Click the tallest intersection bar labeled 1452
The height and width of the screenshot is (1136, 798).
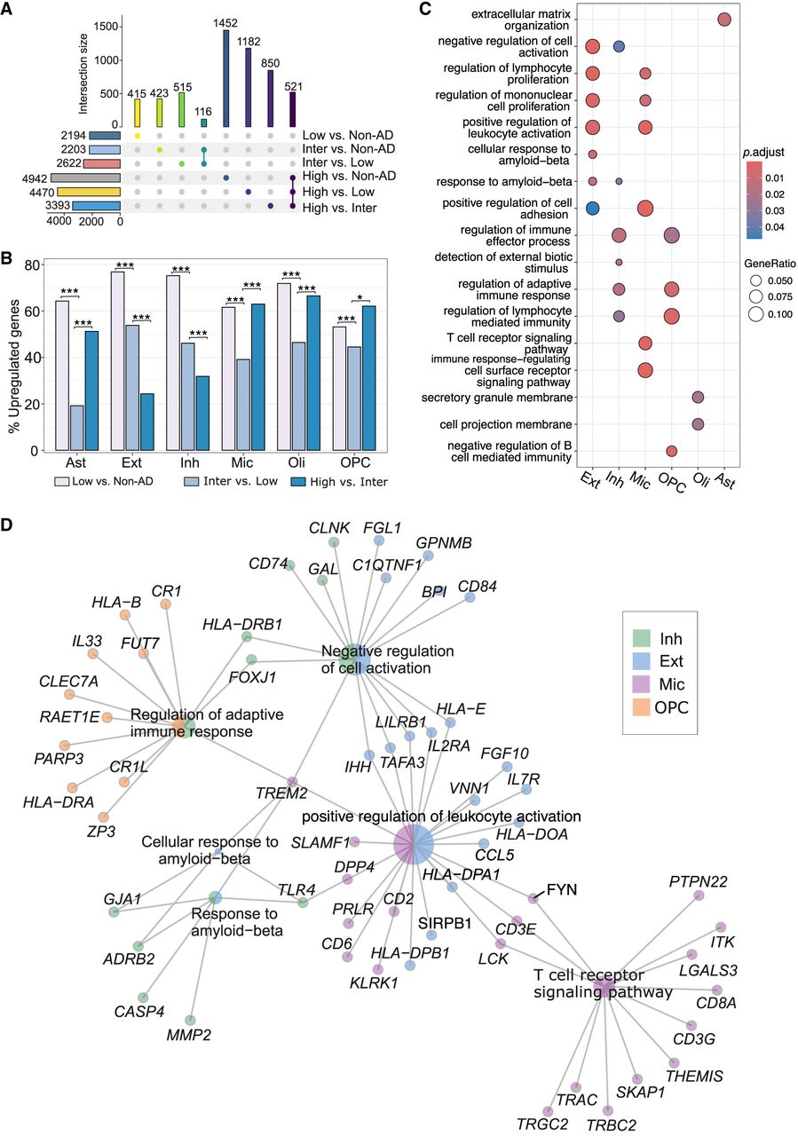click(x=226, y=78)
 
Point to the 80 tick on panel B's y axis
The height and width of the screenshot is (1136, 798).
click(x=36, y=265)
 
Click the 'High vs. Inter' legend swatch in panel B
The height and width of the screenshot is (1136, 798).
click(x=278, y=481)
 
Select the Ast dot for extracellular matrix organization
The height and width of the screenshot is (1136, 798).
click(x=724, y=20)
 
